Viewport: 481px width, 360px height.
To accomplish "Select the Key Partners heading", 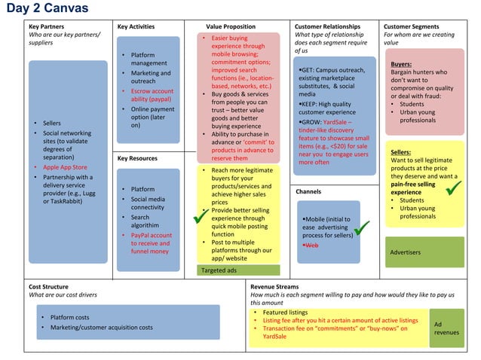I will point(46,26).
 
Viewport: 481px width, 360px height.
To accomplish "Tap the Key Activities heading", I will point(136,26).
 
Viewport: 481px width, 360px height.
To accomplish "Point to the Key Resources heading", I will point(138,158).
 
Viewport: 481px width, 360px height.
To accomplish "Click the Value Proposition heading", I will point(231,26).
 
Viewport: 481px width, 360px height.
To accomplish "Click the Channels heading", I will point(308,192).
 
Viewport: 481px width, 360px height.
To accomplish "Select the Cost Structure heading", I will point(48,287).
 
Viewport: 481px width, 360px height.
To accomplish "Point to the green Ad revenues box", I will point(446,328).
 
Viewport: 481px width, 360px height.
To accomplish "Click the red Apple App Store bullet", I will point(64,167).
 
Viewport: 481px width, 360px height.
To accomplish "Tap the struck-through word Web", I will point(311,246).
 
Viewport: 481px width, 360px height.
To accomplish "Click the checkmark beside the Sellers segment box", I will point(455,188).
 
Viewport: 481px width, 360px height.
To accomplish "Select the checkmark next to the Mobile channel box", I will point(363,226).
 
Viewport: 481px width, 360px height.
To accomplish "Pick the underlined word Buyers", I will point(401,64).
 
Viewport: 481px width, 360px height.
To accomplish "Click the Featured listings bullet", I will point(285,312).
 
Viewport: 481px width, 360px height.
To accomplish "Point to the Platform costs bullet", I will point(69,317).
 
